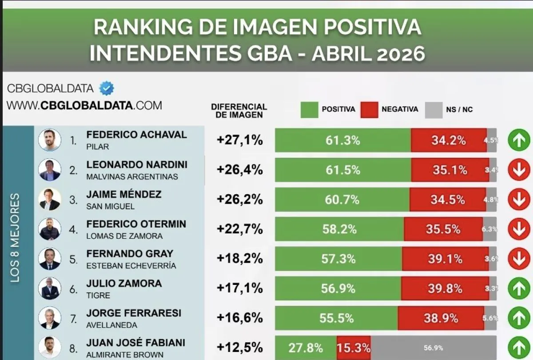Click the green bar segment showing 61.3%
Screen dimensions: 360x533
click(x=342, y=140)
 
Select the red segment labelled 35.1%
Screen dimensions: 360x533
click(x=449, y=170)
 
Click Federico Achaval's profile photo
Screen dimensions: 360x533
click(x=49, y=140)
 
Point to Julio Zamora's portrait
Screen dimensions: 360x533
click(x=49, y=288)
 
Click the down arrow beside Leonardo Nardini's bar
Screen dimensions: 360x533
click(x=519, y=170)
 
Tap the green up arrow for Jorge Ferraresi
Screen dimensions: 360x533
click(x=519, y=318)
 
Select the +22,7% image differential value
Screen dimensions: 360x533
click(x=240, y=229)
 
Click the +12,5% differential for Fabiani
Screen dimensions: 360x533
click(x=240, y=348)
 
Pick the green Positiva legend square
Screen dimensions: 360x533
click(x=309, y=110)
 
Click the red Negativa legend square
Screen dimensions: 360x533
click(x=369, y=110)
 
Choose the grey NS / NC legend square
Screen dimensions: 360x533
click(x=434, y=110)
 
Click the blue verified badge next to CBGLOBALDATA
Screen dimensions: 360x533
click(x=107, y=88)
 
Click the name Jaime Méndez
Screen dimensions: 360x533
click(x=124, y=194)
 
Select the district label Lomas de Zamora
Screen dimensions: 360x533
click(x=124, y=236)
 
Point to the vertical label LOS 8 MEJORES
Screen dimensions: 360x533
click(x=15, y=237)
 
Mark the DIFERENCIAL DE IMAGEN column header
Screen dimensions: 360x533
click(x=239, y=111)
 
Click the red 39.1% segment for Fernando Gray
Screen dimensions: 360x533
click(x=445, y=259)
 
